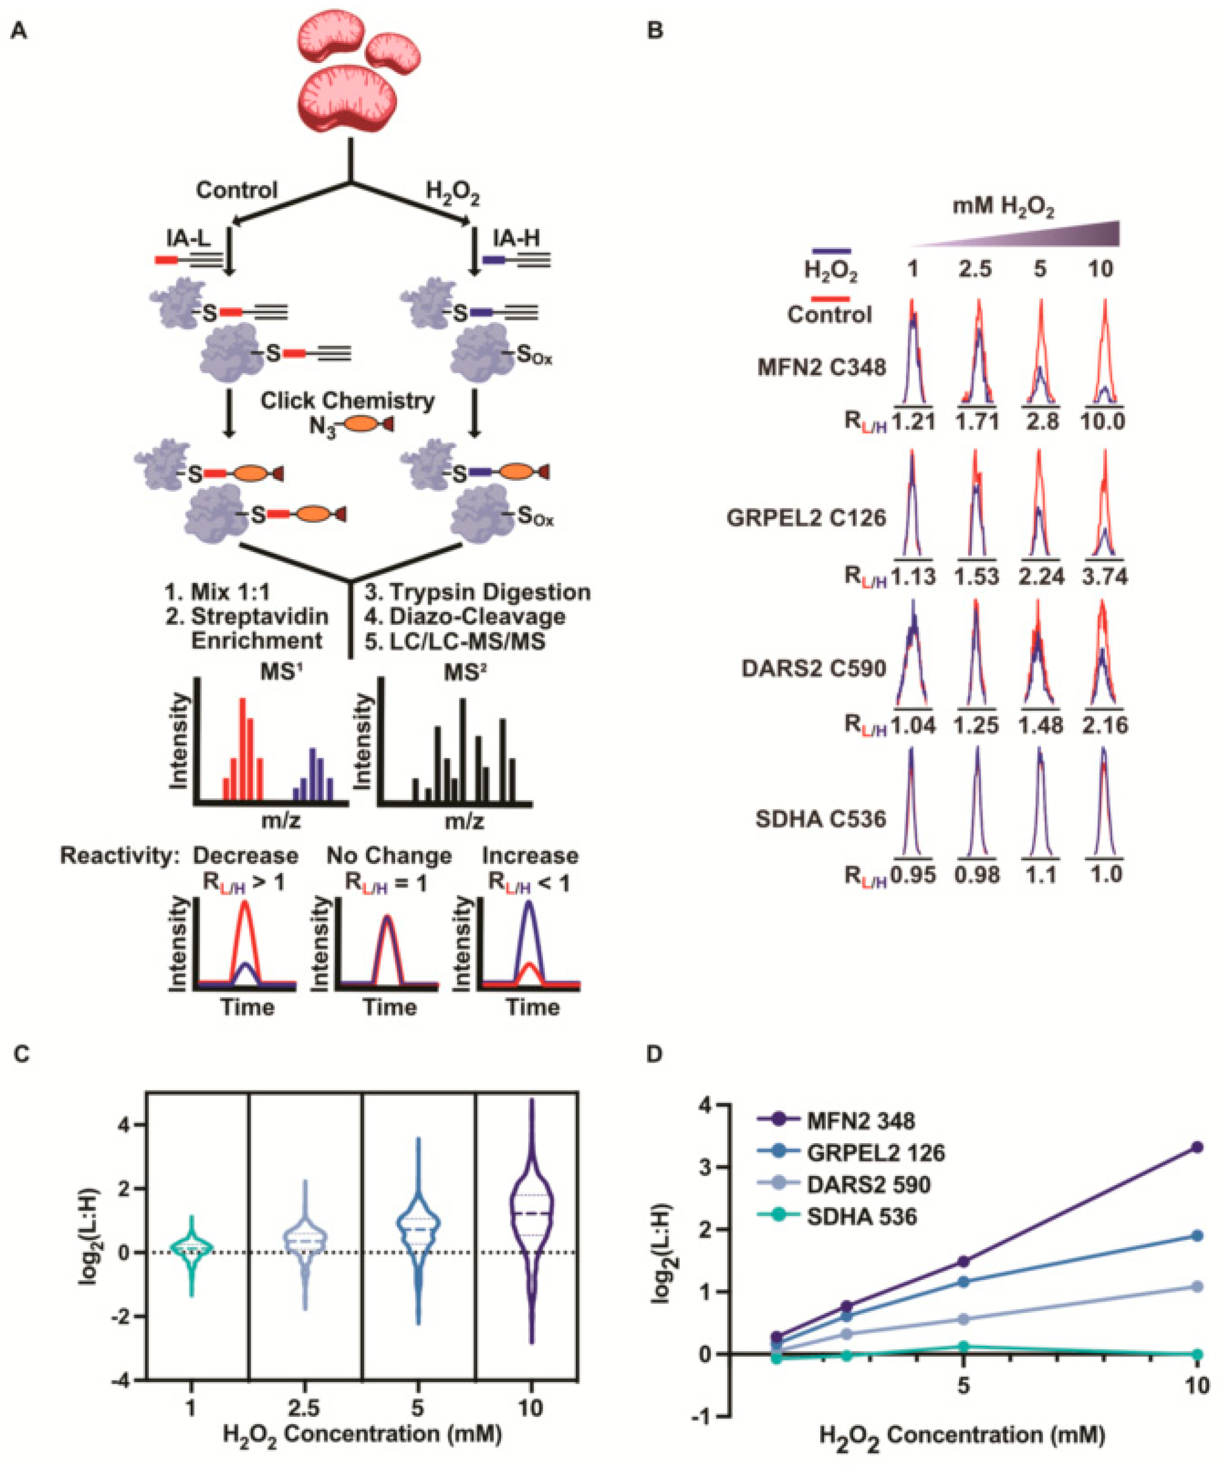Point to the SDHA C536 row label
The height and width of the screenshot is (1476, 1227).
point(820,819)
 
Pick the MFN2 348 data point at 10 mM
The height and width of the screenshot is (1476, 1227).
point(1197,1147)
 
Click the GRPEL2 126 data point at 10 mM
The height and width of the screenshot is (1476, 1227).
point(1197,1236)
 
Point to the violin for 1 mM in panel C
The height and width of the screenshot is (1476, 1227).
point(191,1251)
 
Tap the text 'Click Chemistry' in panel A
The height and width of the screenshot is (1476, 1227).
point(348,401)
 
